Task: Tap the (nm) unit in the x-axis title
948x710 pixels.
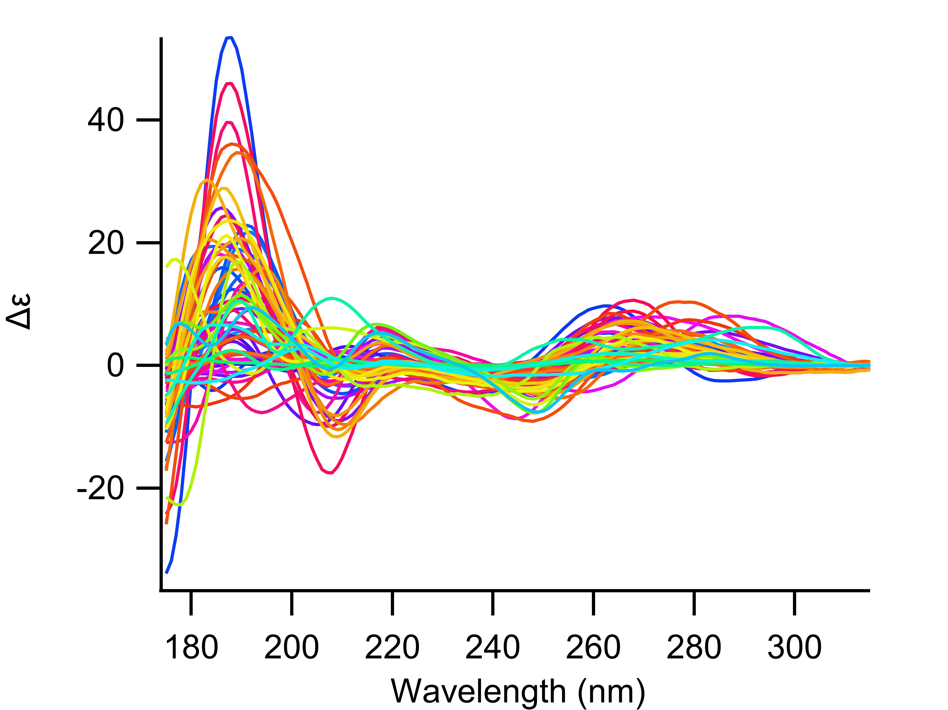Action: [x=611, y=692]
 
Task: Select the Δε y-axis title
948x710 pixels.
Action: [x=19, y=312]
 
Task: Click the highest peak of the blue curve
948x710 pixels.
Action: [x=229, y=38]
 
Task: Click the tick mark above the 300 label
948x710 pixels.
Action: [x=795, y=603]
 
